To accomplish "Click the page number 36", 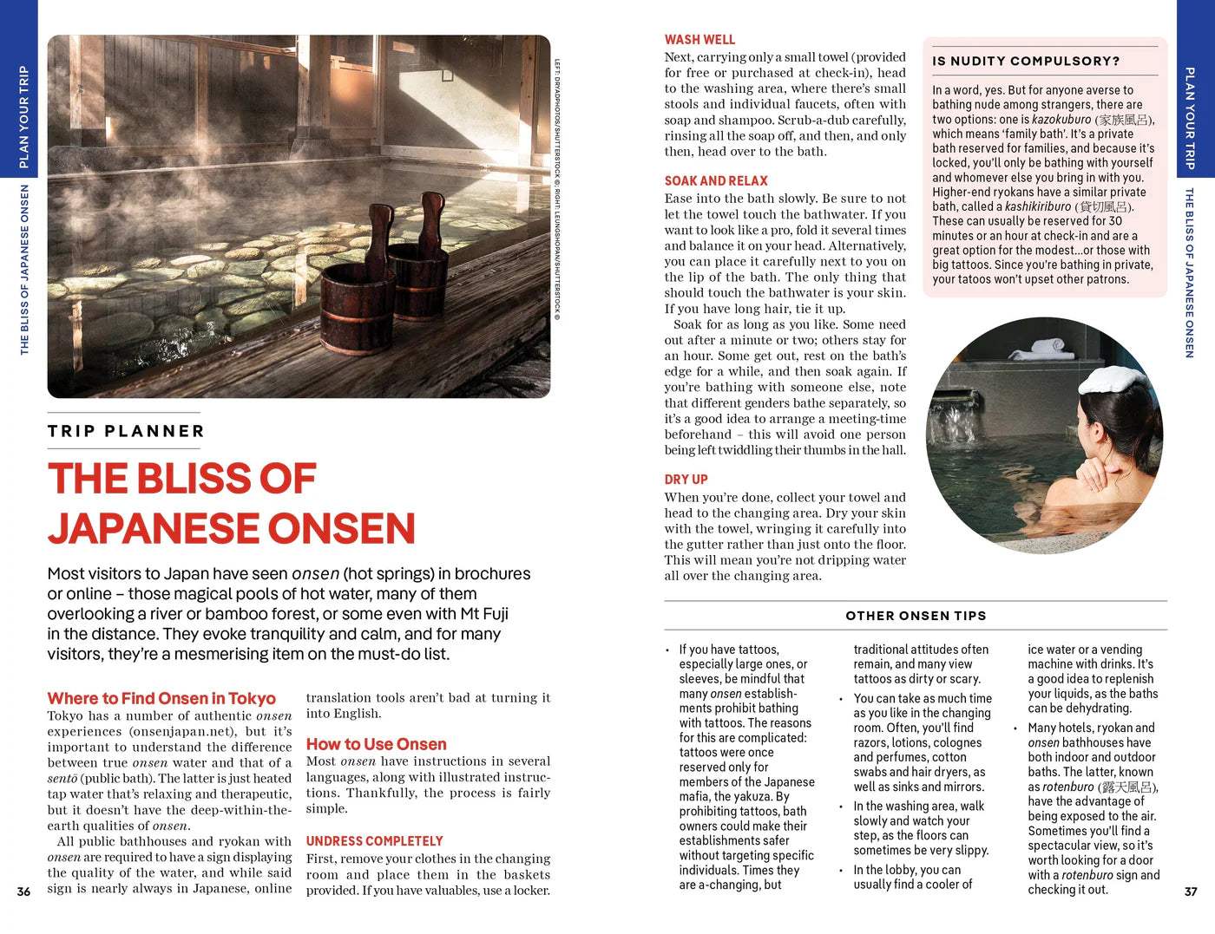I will click(23, 892).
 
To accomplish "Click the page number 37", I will click(1191, 892).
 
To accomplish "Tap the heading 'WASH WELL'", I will click(699, 40).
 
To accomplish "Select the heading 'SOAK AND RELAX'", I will click(716, 181).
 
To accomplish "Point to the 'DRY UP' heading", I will click(686, 480).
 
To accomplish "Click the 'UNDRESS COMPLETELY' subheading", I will click(374, 841).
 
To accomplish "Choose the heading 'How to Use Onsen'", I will click(376, 744).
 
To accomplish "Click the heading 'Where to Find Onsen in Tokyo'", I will click(161, 698).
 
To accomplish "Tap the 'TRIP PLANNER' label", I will click(126, 431).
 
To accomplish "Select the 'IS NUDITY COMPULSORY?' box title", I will click(1026, 62).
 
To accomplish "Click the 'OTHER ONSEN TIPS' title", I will click(916, 616).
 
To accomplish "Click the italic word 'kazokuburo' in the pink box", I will click(1061, 120).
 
